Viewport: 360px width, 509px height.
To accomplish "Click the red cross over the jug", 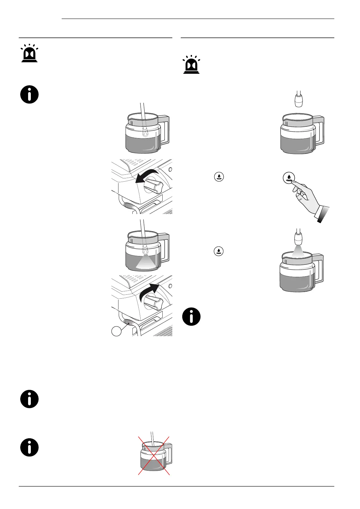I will point(154,456).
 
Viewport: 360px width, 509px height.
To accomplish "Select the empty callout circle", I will point(117,331).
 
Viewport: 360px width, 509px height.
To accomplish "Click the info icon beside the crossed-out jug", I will point(30,448).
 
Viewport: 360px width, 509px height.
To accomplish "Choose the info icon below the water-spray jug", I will point(191,317).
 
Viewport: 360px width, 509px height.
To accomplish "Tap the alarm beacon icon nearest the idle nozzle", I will point(191,65).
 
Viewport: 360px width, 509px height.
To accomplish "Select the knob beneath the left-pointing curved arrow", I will point(154,184).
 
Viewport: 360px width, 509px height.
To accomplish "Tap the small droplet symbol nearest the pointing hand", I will point(219,177).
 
